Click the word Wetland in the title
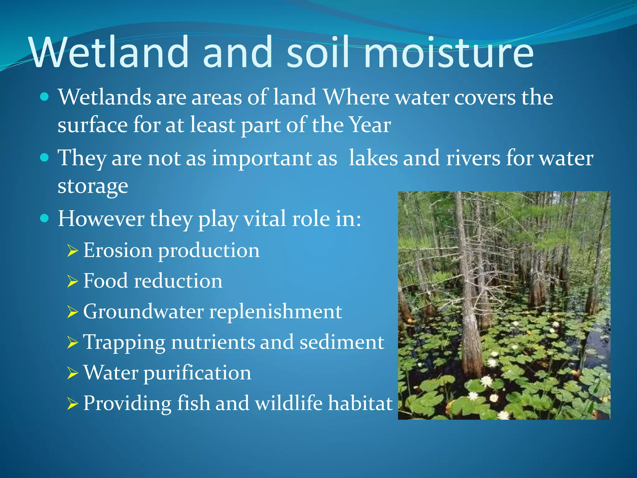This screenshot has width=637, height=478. point(109,52)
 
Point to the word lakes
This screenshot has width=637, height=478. point(373,158)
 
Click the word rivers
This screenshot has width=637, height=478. point(473,158)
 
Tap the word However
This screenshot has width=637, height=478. point(101,218)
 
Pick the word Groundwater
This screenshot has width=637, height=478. point(143,311)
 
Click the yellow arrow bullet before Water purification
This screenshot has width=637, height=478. point(72,373)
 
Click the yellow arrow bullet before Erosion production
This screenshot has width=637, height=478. point(72,251)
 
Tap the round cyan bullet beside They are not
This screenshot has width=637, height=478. point(45,157)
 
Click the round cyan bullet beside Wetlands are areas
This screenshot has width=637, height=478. point(45,97)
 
